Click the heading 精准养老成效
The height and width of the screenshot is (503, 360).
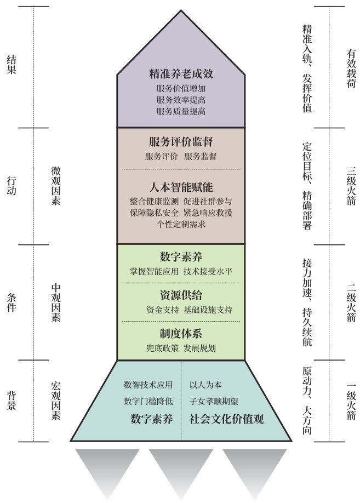coord(181,73)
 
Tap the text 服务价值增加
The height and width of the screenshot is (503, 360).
coord(181,88)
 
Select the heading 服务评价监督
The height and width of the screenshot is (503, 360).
coord(181,142)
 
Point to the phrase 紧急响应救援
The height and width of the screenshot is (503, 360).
coord(209,212)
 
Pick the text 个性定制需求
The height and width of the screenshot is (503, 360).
coord(181,224)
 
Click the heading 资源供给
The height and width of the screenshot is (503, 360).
coord(181,295)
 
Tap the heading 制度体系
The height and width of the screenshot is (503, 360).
coord(181,334)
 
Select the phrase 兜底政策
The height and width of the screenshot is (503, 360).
coord(162,348)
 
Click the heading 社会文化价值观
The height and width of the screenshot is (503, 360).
coord(226,420)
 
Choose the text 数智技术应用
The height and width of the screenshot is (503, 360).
coord(148,384)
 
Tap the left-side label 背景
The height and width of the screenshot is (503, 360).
coord(12,401)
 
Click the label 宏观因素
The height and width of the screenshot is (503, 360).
coord(55,401)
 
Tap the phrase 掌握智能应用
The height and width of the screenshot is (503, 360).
coord(154,271)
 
